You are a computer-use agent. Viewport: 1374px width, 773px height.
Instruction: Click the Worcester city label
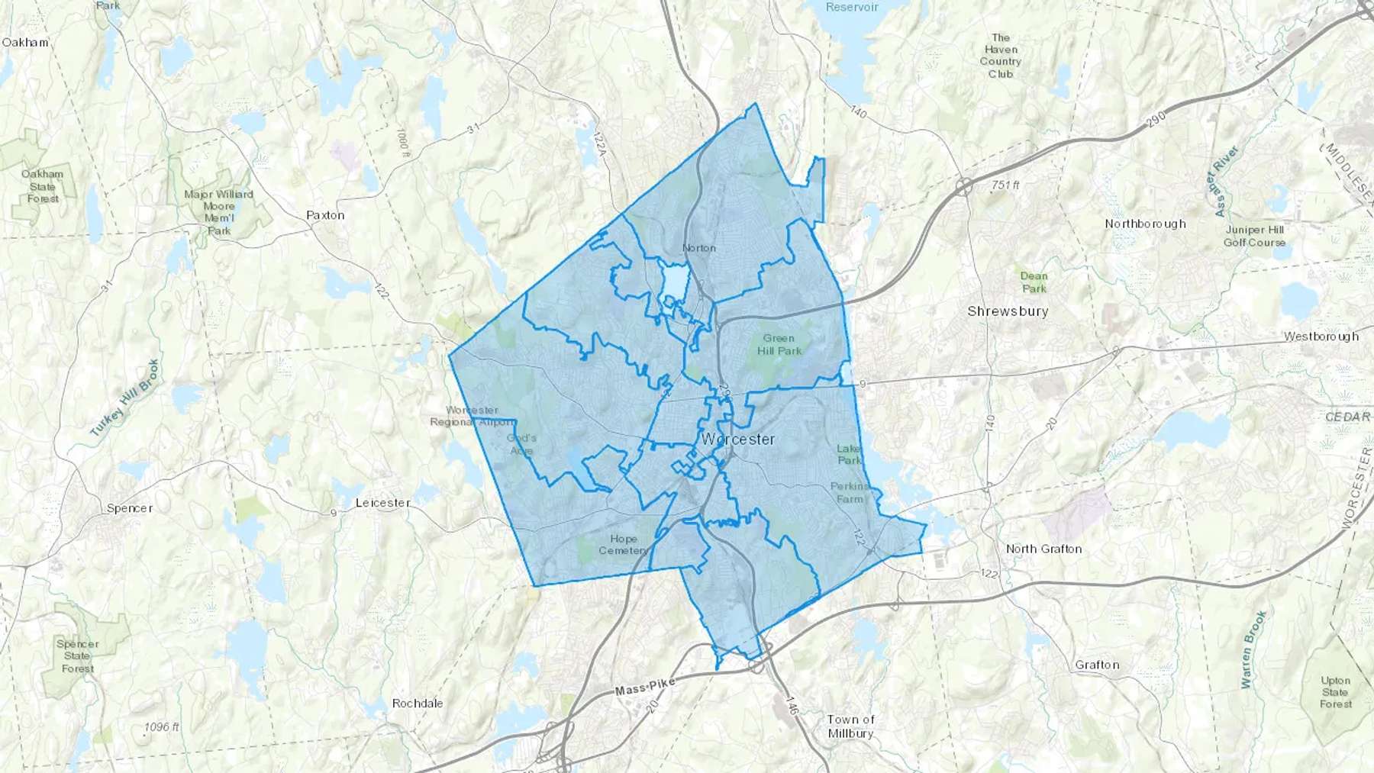click(737, 440)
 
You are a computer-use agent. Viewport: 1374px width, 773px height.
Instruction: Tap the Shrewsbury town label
click(1008, 311)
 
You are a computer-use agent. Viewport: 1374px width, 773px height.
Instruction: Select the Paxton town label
click(325, 215)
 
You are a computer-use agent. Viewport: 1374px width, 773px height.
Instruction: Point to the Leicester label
click(383, 503)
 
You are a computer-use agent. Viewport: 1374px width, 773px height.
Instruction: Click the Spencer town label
click(130, 508)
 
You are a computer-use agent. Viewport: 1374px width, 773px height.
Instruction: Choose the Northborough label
click(1145, 224)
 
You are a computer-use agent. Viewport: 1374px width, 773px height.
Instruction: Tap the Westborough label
click(1321, 337)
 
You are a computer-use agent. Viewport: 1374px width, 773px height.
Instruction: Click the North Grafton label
click(1043, 549)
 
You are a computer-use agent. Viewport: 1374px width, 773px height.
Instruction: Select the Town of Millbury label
click(850, 726)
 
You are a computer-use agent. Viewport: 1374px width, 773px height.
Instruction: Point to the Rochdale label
click(417, 704)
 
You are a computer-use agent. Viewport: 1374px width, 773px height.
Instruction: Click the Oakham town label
click(25, 43)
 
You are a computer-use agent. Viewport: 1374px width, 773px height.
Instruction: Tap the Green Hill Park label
click(779, 344)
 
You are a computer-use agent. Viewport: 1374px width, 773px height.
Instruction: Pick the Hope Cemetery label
click(623, 545)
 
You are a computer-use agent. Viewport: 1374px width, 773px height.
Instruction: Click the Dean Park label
click(1034, 282)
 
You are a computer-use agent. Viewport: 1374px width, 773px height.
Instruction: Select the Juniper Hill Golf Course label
click(1254, 236)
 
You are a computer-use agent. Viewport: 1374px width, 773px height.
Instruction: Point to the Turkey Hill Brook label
click(124, 398)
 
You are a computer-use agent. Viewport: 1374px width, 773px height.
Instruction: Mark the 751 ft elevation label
click(1005, 185)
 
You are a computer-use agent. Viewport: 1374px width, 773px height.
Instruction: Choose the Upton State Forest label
click(1335, 692)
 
